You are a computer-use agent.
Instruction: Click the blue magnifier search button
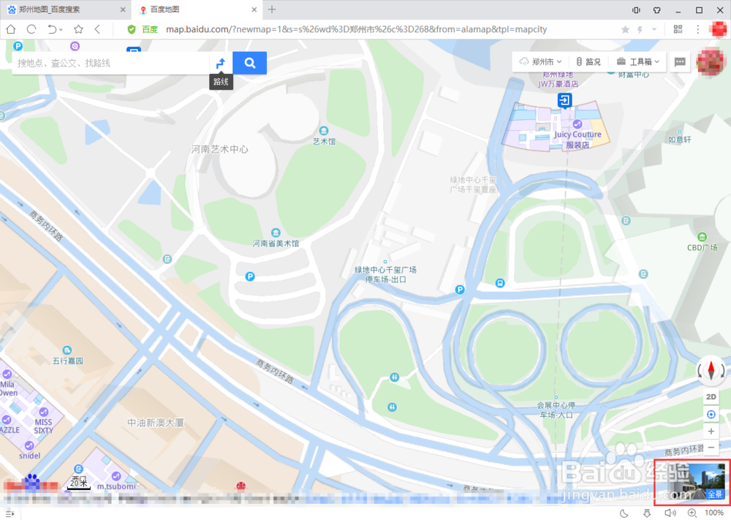click(x=249, y=63)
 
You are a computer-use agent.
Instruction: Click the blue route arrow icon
click(x=220, y=63)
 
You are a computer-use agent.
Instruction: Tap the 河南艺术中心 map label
click(x=219, y=149)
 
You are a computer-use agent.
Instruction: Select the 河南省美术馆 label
click(x=276, y=243)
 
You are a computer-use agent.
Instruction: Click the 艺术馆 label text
click(x=324, y=141)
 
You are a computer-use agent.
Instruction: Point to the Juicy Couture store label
click(x=577, y=135)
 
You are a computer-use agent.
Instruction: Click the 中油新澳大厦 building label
click(x=155, y=423)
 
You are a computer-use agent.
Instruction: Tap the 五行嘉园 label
click(x=68, y=361)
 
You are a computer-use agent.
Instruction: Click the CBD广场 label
click(x=702, y=247)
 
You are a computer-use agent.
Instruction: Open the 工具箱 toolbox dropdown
click(x=637, y=62)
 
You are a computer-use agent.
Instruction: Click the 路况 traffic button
click(x=588, y=62)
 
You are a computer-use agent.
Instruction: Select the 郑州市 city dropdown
click(x=541, y=62)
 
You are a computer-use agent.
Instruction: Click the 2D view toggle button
click(x=711, y=396)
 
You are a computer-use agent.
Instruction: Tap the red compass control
click(x=711, y=371)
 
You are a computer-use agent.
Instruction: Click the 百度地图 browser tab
click(x=165, y=10)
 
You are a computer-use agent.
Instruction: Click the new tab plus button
click(x=272, y=10)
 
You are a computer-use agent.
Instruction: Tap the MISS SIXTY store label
click(x=44, y=426)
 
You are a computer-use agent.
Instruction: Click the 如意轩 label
click(x=679, y=139)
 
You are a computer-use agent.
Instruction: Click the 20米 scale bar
click(x=79, y=483)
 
